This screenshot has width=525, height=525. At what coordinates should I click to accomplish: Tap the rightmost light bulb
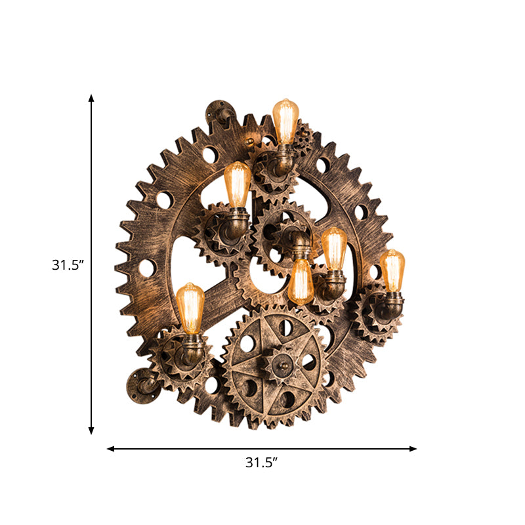pos(392,270)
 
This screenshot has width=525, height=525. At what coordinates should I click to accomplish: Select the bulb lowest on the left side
pos(190,308)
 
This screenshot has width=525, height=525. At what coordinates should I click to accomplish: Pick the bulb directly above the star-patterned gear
pos(301,282)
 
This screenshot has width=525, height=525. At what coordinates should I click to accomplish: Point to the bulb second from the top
pos(237,184)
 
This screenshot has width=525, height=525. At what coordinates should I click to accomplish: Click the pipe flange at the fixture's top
pos(219,112)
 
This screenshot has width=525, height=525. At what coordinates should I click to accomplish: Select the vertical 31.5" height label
pos(68,265)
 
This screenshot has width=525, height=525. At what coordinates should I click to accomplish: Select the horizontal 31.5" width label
pos(262,462)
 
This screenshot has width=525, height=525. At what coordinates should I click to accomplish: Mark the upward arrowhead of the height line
pos(91,98)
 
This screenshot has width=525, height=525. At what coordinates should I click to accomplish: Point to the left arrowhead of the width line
pos(111,449)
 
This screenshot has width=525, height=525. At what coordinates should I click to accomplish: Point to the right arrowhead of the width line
pos(413,449)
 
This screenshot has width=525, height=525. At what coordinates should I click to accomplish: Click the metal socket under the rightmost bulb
pos(392,303)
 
